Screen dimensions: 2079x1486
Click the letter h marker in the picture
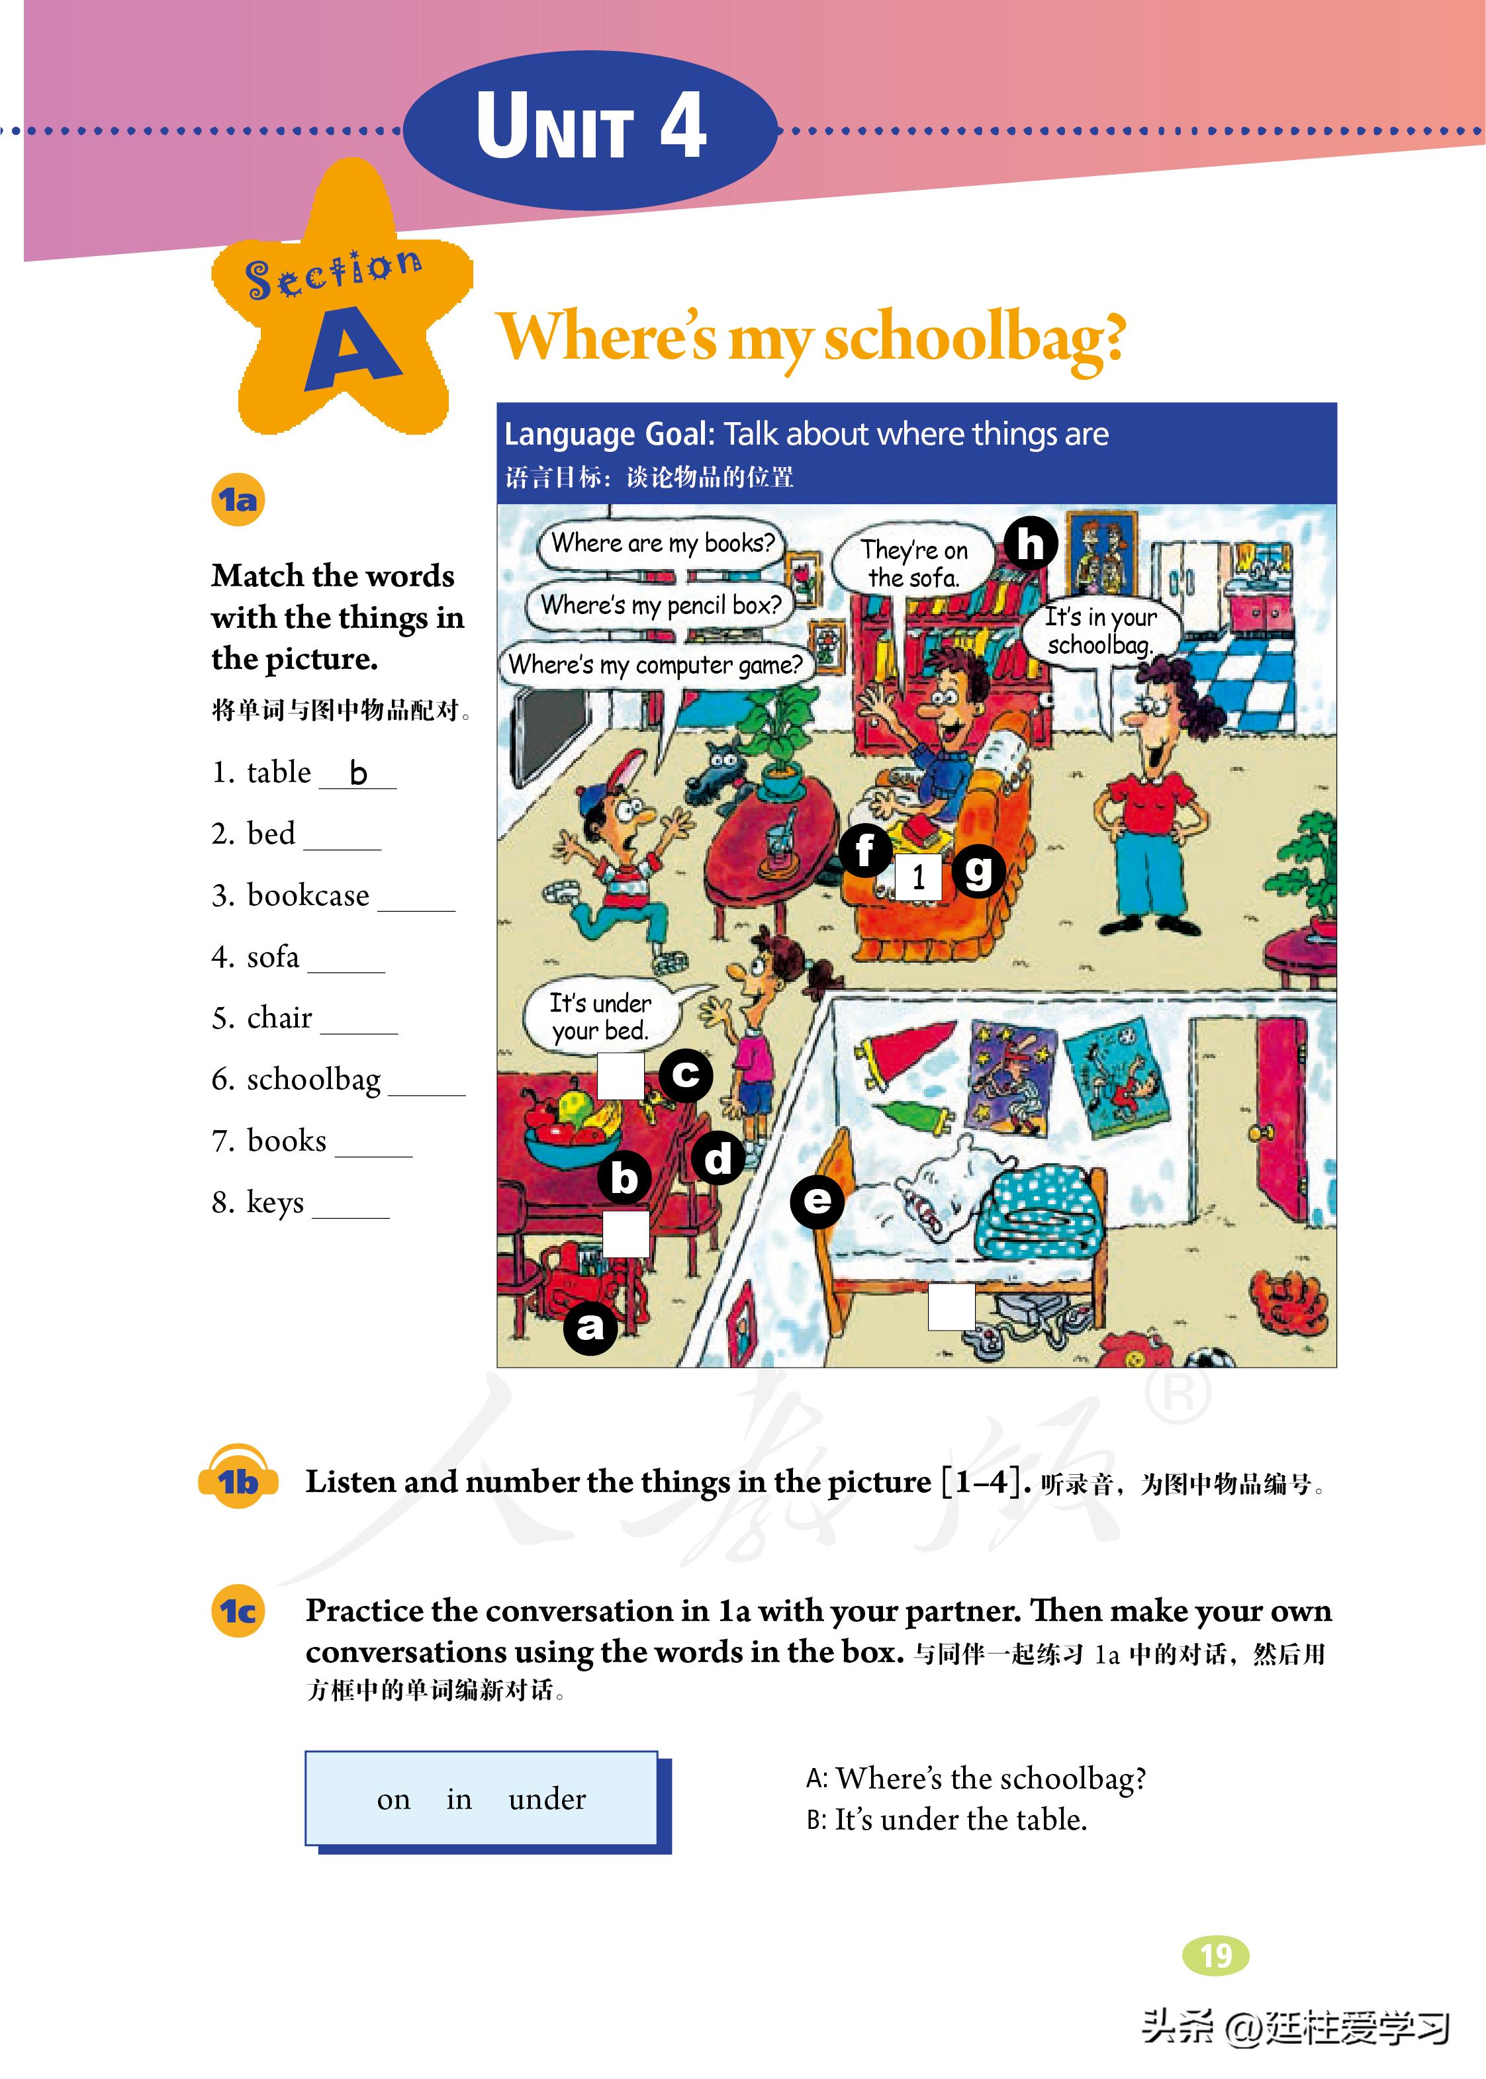point(1031,543)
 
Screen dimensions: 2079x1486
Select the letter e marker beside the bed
point(817,1200)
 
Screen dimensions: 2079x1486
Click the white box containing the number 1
point(918,878)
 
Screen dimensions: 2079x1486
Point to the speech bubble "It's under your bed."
point(601,1016)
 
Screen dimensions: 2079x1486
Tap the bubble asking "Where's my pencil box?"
point(661,605)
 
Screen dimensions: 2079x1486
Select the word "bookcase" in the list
point(308,895)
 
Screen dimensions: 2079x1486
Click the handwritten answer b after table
point(358,774)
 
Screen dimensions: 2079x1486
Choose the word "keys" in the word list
point(275,1202)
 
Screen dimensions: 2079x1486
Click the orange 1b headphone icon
point(238,1480)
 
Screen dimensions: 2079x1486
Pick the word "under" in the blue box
point(546,1799)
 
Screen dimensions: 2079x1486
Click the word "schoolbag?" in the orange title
point(974,338)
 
